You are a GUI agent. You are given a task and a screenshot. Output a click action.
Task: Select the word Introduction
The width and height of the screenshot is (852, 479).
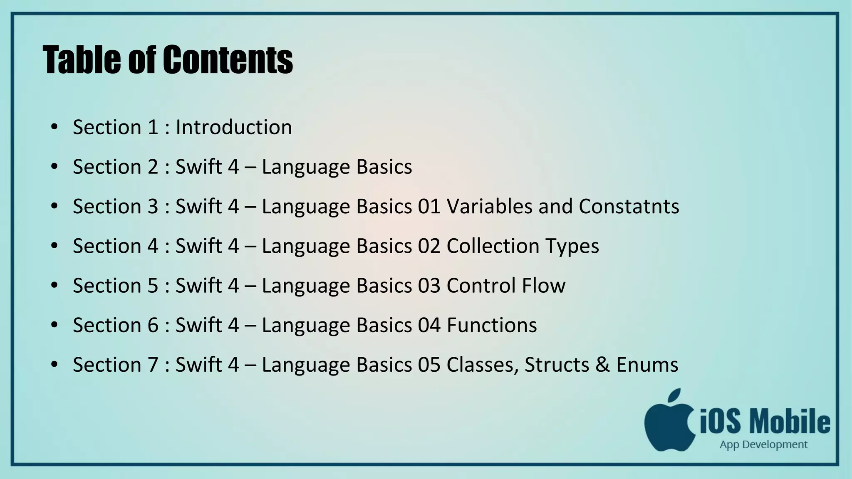(234, 127)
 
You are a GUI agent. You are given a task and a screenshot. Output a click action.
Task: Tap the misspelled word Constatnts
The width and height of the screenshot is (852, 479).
(629, 206)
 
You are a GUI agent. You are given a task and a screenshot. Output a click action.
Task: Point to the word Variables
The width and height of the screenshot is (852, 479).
(489, 206)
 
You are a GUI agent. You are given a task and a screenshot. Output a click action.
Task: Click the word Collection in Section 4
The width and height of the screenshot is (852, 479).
(493, 246)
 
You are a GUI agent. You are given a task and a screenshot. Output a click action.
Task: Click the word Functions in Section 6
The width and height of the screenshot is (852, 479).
(492, 325)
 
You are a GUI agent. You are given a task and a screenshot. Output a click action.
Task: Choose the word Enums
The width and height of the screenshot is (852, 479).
(647, 365)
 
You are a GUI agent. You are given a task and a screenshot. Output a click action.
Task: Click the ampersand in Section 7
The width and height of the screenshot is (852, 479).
(602, 365)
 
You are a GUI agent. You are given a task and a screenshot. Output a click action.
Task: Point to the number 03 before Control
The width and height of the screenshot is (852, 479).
(429, 286)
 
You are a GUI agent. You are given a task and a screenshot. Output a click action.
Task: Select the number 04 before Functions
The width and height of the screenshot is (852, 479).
(429, 325)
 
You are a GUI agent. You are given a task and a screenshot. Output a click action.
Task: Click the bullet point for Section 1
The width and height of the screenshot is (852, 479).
(54, 127)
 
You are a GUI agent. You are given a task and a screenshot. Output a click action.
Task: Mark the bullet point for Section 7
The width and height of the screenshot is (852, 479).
(54, 364)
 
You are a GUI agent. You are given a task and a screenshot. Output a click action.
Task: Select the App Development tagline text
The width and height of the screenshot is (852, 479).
(763, 445)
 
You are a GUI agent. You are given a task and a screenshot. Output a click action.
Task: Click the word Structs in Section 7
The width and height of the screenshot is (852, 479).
(557, 365)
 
